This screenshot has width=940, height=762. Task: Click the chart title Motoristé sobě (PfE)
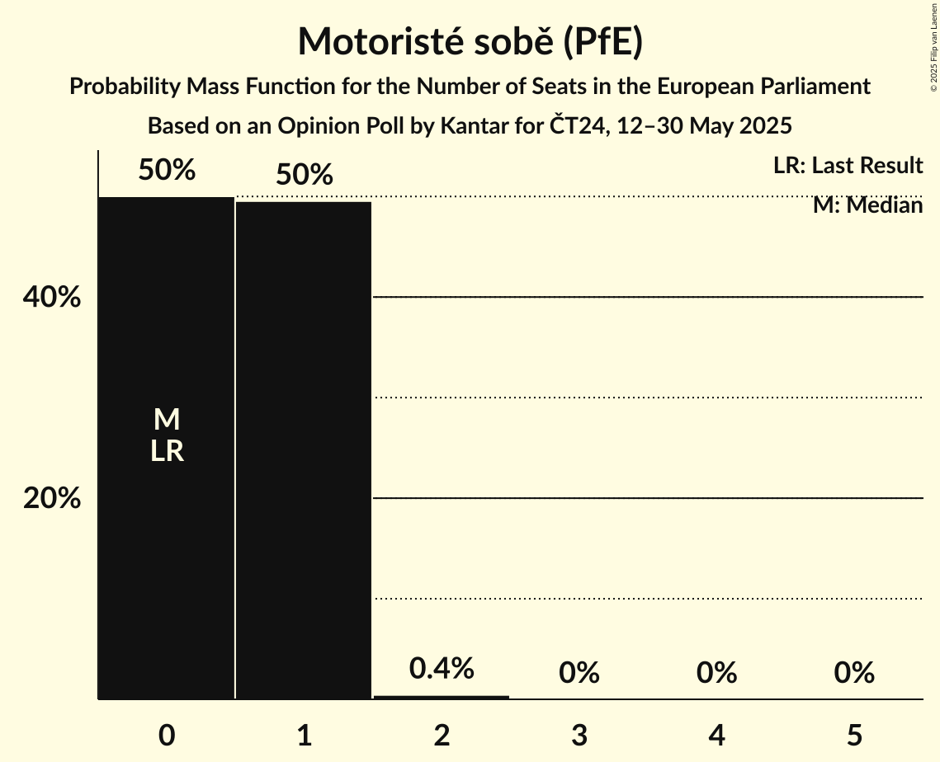pyautogui.click(x=470, y=41)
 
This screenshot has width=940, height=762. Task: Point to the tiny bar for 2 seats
pyautogui.click(x=442, y=697)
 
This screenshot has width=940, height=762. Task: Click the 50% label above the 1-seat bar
pyautogui.click(x=304, y=175)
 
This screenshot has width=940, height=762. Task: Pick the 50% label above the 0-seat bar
pyautogui.click(x=167, y=170)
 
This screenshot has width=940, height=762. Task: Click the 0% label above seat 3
pyautogui.click(x=579, y=674)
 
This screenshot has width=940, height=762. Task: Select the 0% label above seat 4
pyautogui.click(x=716, y=674)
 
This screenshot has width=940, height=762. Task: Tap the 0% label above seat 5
pyautogui.click(x=853, y=674)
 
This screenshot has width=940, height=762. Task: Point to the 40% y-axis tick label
pyautogui.click(x=51, y=297)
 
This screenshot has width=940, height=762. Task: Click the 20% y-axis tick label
pyautogui.click(x=51, y=498)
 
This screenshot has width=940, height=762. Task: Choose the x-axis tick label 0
pyautogui.click(x=167, y=735)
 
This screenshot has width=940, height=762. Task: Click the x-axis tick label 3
pyautogui.click(x=579, y=735)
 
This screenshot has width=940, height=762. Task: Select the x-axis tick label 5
pyautogui.click(x=853, y=735)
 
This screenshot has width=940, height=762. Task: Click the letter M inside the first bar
pyautogui.click(x=167, y=420)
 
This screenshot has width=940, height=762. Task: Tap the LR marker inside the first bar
pyautogui.click(x=167, y=451)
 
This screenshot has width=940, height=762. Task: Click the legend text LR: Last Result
pyautogui.click(x=848, y=166)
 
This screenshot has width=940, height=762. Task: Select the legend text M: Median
pyautogui.click(x=867, y=205)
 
